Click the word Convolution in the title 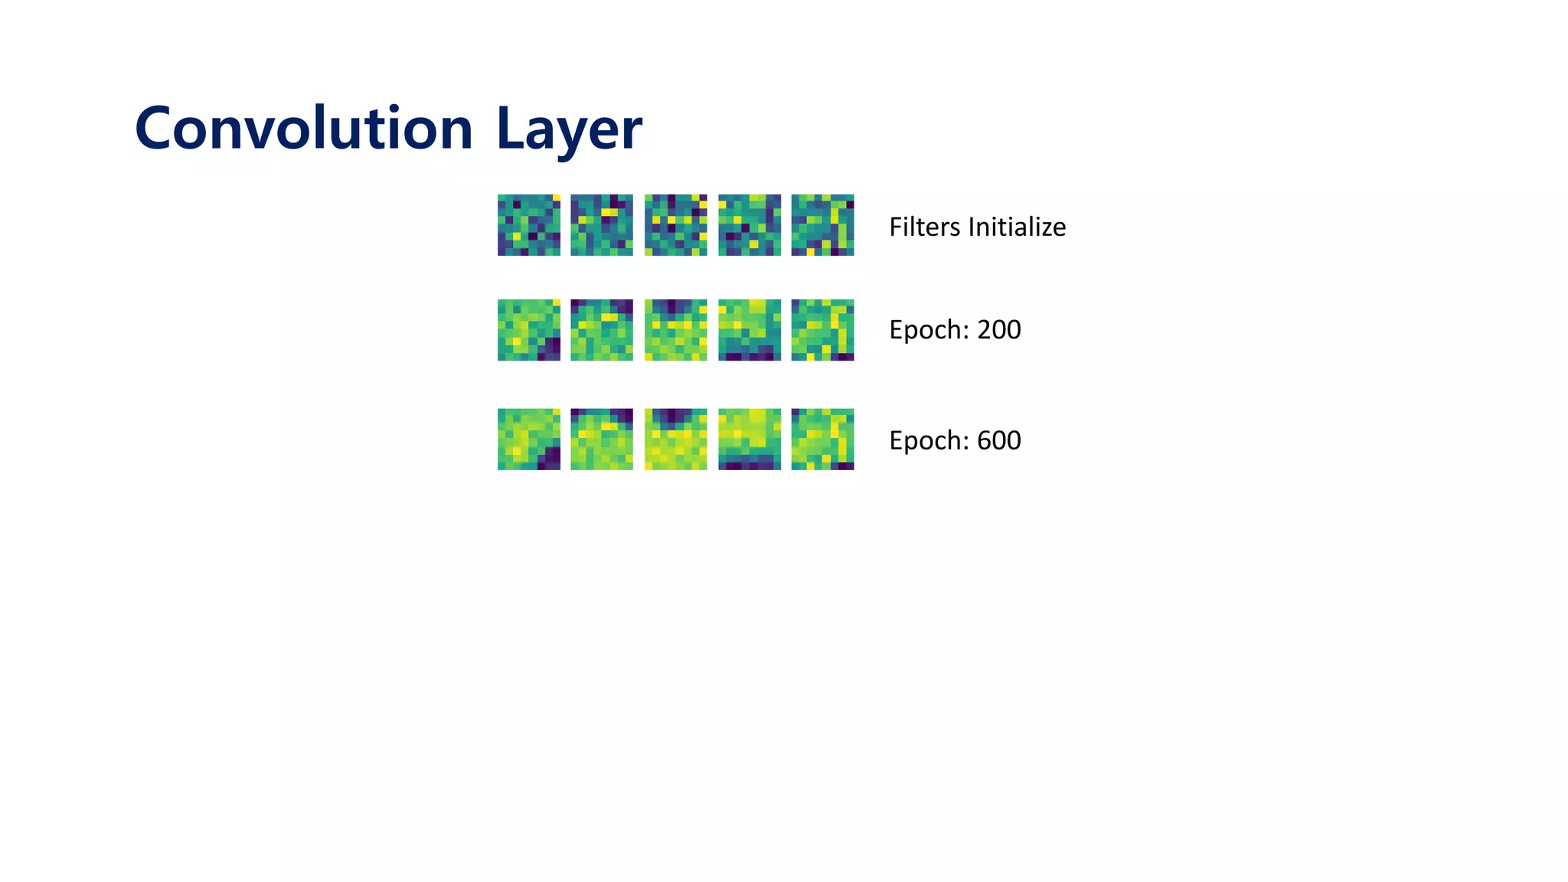(303, 129)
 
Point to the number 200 (998, 330)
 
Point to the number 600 (998, 440)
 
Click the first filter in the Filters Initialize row (528, 224)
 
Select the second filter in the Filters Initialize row (602, 224)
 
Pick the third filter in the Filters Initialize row (675, 224)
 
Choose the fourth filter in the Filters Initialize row (750, 224)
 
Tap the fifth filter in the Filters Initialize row (822, 224)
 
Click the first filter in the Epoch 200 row (528, 330)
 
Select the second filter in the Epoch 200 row (602, 330)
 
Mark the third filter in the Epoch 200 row (675, 330)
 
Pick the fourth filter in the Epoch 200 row (750, 330)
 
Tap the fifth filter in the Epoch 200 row (822, 330)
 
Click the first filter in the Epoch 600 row (528, 439)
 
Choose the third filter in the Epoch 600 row (675, 439)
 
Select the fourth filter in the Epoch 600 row (750, 439)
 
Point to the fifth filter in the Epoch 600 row (822, 439)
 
